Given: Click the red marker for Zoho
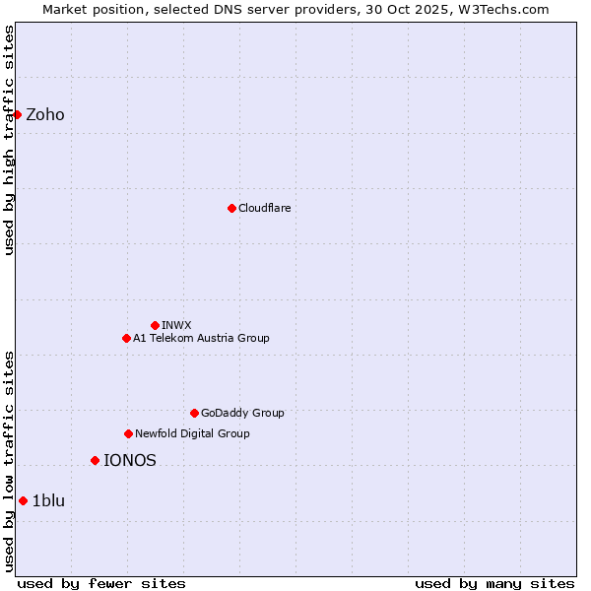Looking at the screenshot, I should pos(17,114).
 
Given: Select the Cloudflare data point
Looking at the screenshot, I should pos(231,208).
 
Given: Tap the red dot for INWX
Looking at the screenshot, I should pos(155,325).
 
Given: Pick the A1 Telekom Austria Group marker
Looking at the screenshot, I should pos(126,338).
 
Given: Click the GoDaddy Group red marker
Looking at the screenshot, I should pos(194,413).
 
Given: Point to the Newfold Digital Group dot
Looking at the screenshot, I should pos(128,433).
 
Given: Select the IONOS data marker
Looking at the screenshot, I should pos(95,460).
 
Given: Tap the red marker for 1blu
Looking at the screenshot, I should pos(23,500).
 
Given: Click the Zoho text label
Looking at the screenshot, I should pos(45,114).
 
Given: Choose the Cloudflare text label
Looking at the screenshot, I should pos(265,208).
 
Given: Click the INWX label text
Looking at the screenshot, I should pos(177,325).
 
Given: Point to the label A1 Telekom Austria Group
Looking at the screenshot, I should pos(201,338).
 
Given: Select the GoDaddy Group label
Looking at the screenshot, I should pos(242,413).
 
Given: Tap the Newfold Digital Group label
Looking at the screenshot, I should pos(192,433).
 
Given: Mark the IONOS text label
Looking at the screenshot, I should pos(130,460).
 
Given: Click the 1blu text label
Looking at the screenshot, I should pos(48,500).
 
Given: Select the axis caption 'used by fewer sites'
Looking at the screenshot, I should pos(101,583).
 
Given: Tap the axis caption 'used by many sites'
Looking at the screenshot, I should pos(494,583).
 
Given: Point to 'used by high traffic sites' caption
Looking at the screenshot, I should pos(9,139).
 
